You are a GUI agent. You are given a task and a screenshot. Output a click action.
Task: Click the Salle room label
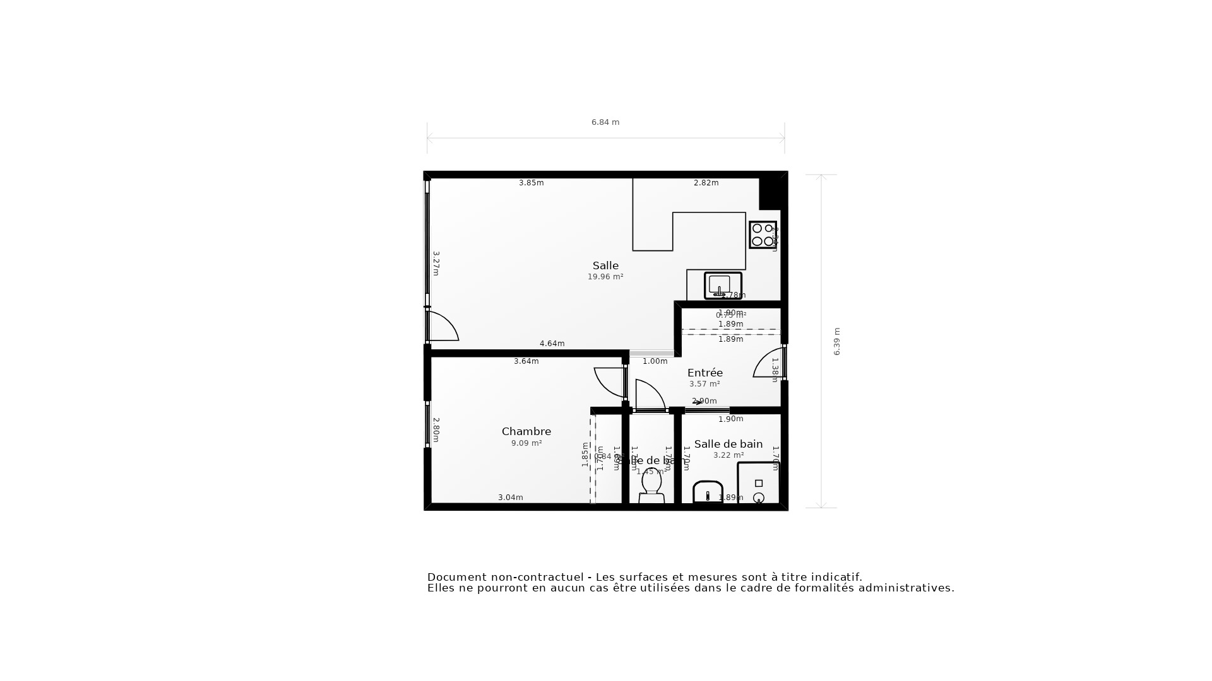pos(605,265)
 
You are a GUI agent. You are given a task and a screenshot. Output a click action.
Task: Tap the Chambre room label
pos(526,431)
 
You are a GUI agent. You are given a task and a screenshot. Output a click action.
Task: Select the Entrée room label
pos(705,373)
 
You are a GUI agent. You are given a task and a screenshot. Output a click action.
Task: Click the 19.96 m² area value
pos(605,277)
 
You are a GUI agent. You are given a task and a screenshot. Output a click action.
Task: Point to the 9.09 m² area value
pos(526,443)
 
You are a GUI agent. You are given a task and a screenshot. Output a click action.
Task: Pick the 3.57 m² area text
pos(704,384)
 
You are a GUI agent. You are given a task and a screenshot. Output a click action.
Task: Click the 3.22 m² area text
pos(728,455)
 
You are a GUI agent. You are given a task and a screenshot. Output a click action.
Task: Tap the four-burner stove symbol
pos(763,235)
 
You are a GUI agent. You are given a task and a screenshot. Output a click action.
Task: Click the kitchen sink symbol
pos(722,286)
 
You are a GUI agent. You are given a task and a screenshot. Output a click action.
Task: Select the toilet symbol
pos(651,486)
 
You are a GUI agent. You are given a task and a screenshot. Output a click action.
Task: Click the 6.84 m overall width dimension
pos(605,122)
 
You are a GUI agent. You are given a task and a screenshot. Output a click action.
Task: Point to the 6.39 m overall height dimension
pos(837,341)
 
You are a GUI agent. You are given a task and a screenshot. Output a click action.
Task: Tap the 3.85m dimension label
pos(531,183)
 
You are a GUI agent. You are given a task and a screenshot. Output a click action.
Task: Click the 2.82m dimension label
pos(706,183)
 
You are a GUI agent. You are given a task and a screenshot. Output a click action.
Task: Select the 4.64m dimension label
pos(552,344)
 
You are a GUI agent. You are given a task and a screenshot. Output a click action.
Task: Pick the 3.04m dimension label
pos(510,498)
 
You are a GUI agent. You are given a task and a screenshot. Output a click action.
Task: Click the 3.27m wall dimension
pos(436,264)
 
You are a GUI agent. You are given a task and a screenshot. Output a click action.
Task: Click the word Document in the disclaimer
pos(457,577)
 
